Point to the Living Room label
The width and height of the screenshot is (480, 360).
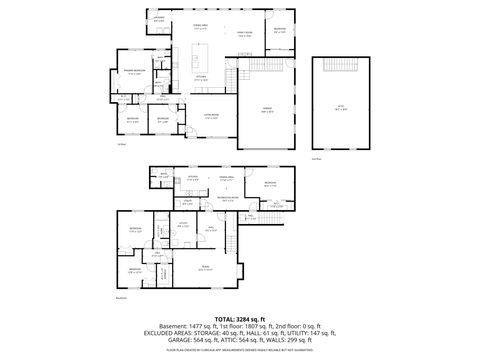tap(213, 117)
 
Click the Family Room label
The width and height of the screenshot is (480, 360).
tap(244, 34)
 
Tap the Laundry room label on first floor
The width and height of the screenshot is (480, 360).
tap(158, 18)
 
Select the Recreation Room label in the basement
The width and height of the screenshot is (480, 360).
tap(227, 197)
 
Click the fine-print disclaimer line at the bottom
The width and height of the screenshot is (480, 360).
tap(239, 349)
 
